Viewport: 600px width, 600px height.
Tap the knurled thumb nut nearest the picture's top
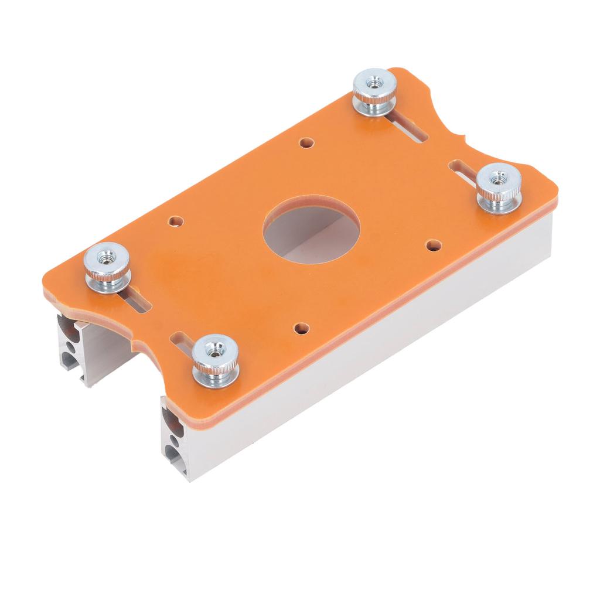[374, 91]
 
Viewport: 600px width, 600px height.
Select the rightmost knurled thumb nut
[499, 189]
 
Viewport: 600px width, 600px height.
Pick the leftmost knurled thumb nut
[107, 267]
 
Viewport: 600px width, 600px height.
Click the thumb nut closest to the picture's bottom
[216, 360]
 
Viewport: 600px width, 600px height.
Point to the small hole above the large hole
[305, 142]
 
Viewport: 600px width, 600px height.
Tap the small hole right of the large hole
[433, 245]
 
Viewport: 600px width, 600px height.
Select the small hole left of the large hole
[175, 221]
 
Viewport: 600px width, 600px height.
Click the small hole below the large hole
[301, 329]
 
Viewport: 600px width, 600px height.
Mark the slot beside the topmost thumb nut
[410, 129]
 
